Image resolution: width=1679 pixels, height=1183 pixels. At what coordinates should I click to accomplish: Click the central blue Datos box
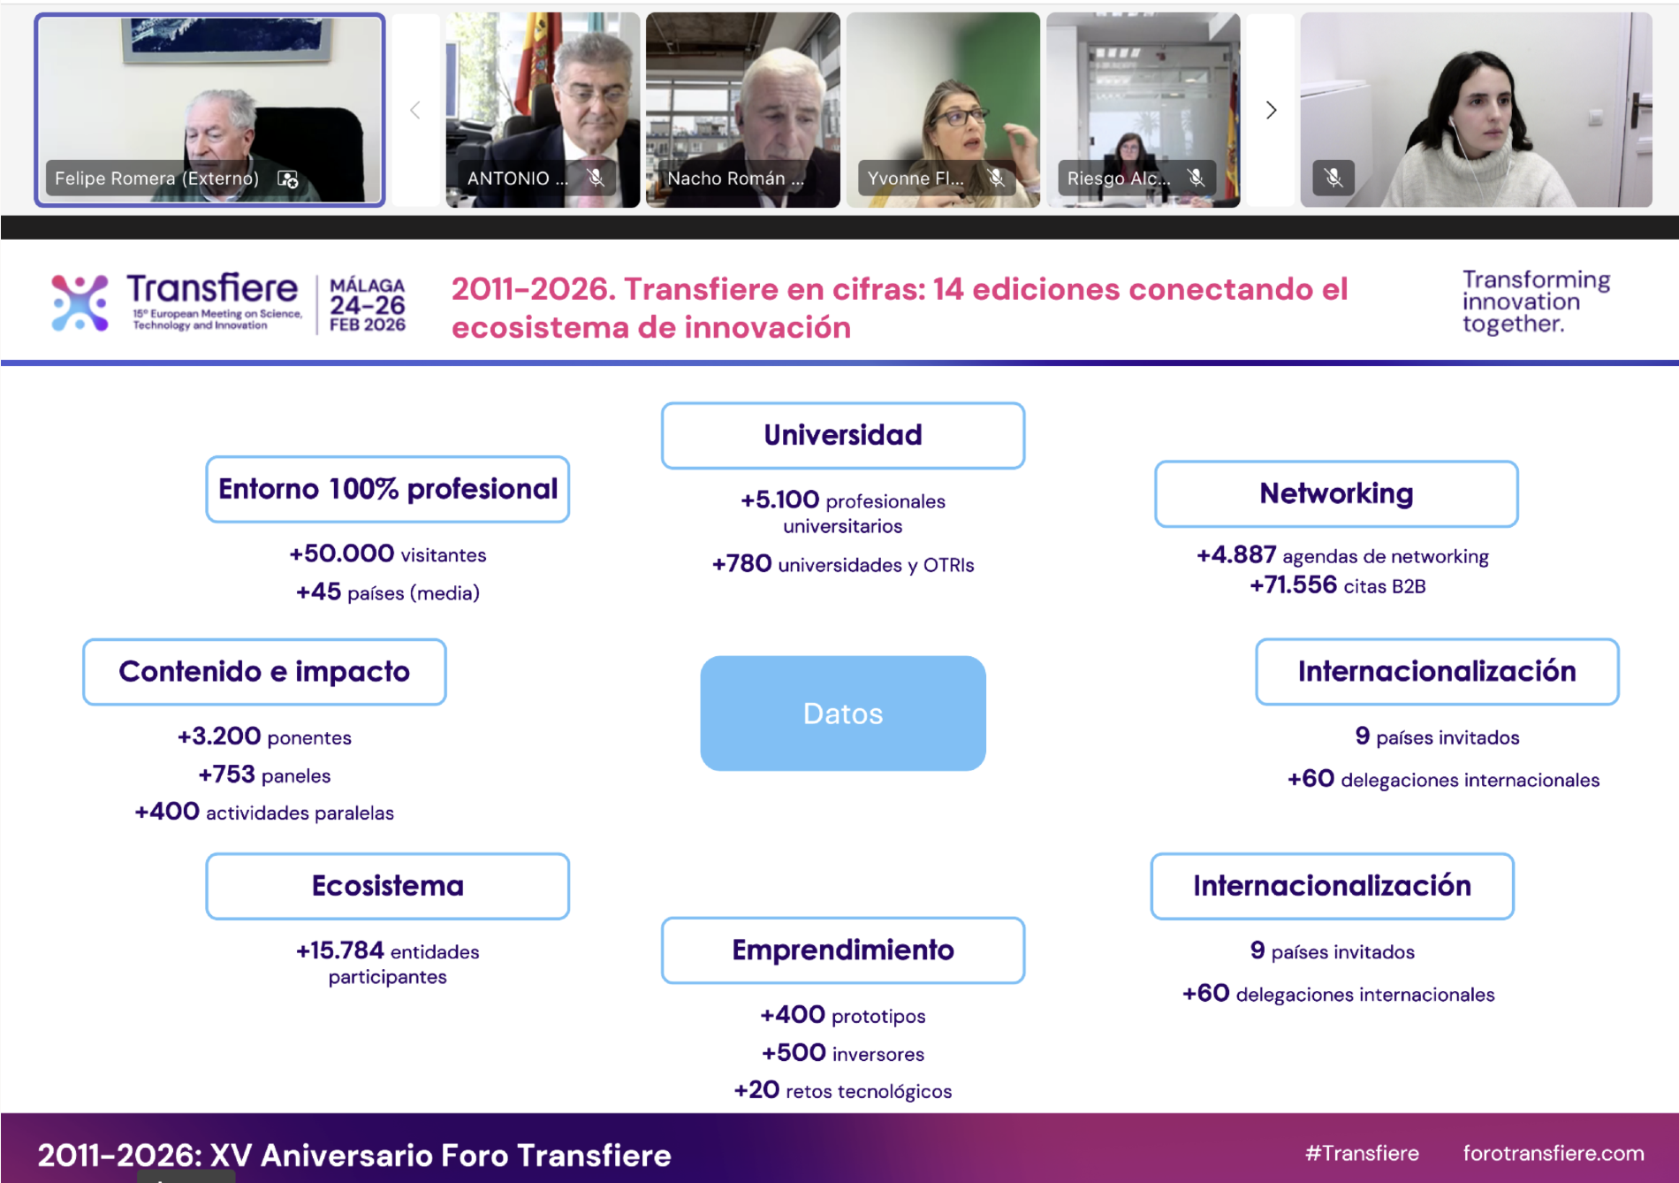tap(843, 713)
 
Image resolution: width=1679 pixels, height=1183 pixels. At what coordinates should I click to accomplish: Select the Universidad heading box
tap(843, 435)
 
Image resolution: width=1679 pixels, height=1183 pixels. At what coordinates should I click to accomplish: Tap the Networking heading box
tap(1336, 493)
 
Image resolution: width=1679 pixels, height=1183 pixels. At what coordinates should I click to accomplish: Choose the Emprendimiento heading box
tap(843, 950)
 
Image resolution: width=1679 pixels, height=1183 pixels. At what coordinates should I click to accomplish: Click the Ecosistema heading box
tap(388, 886)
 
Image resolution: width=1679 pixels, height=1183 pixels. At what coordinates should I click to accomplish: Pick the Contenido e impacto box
tap(264, 672)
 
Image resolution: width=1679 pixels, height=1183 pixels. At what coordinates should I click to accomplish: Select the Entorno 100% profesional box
tap(388, 489)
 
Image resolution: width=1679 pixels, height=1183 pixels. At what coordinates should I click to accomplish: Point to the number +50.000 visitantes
tap(388, 553)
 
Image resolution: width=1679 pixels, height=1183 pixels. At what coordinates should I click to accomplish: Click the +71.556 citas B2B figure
tap(1338, 585)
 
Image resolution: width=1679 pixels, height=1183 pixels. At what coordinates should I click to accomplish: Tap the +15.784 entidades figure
tap(388, 951)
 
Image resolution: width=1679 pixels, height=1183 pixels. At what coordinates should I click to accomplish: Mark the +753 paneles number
tap(264, 775)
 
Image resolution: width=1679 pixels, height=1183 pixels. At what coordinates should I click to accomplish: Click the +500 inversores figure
tap(843, 1053)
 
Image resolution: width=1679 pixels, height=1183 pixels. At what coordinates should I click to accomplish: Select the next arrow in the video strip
tap(1271, 110)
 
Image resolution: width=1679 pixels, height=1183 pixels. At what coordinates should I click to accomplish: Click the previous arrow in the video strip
tap(415, 110)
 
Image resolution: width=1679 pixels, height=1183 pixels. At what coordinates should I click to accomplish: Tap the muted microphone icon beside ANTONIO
tap(596, 178)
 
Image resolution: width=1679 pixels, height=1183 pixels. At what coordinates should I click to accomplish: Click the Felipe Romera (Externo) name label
tap(157, 179)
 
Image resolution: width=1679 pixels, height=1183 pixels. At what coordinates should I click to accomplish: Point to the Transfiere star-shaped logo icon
tap(80, 302)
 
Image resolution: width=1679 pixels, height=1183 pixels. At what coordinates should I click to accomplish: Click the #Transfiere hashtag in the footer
tap(1362, 1153)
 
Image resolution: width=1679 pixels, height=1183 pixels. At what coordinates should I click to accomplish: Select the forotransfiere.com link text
tap(1554, 1153)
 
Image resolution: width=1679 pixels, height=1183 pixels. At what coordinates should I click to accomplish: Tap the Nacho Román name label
tap(735, 179)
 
